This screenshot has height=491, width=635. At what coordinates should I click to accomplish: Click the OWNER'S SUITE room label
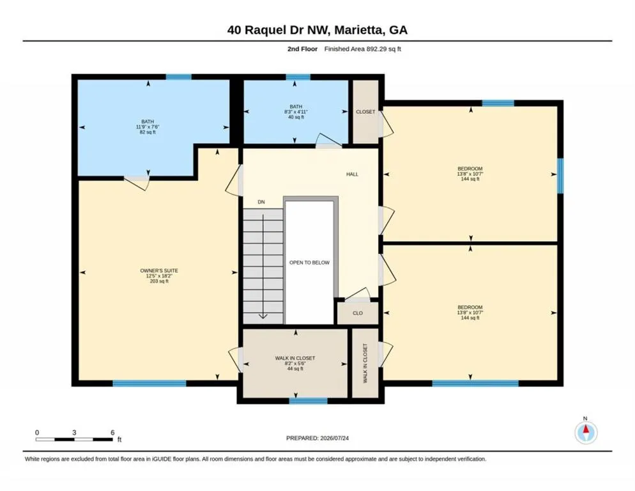tap(159, 270)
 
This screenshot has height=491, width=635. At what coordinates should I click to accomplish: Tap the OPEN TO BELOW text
tap(309, 262)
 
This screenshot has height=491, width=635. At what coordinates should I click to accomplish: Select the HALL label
tap(353, 175)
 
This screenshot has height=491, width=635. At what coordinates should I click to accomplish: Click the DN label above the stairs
tap(261, 202)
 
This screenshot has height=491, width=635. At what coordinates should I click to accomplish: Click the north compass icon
tap(586, 432)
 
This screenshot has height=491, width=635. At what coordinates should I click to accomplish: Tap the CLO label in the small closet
tap(358, 313)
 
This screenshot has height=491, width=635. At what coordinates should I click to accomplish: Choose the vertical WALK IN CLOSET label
tap(365, 363)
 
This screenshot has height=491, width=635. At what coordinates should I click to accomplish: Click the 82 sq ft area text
tap(148, 132)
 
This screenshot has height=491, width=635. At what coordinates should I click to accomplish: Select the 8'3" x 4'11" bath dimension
tap(296, 112)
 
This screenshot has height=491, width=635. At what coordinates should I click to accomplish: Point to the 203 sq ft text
tap(159, 281)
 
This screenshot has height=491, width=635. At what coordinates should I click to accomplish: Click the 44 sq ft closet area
tap(295, 368)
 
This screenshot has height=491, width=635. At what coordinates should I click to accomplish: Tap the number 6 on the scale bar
tap(112, 433)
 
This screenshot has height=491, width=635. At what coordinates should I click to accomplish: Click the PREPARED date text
tap(317, 438)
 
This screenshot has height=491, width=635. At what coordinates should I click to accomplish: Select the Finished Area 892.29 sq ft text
tap(362, 49)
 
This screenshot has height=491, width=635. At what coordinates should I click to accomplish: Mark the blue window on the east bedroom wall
tap(560, 176)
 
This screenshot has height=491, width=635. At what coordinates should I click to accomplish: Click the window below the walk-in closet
tap(308, 401)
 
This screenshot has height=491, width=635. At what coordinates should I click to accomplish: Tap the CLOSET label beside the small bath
tap(365, 111)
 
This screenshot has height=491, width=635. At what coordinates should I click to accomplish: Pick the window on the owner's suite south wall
tap(149, 383)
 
